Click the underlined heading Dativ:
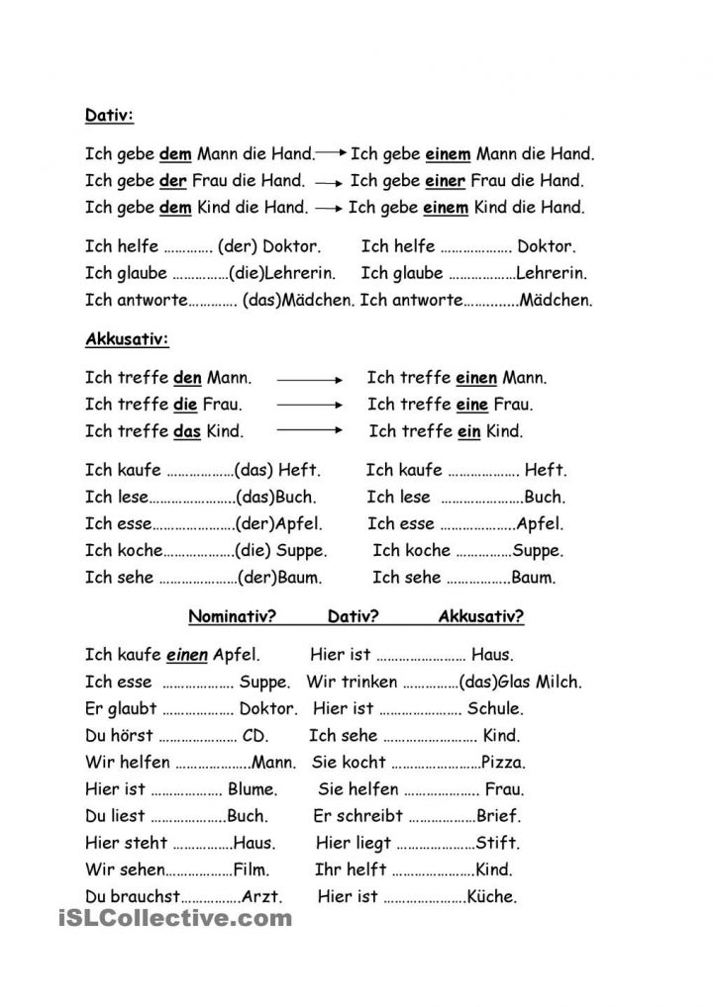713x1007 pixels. pos(109,115)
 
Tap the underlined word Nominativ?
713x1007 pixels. pos(232,617)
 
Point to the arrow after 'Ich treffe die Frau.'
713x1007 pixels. pos(309,405)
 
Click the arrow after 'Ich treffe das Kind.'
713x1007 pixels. pos(309,431)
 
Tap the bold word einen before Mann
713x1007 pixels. pos(477,378)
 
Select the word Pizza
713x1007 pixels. pos(503,763)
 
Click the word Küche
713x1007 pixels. pos(494,897)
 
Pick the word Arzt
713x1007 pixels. pos(263,897)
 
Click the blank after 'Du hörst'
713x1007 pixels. pos(195,736)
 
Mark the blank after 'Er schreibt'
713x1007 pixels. pos(442,817)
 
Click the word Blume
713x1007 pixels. pos(253,790)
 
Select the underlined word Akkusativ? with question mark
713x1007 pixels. pos(481,617)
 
